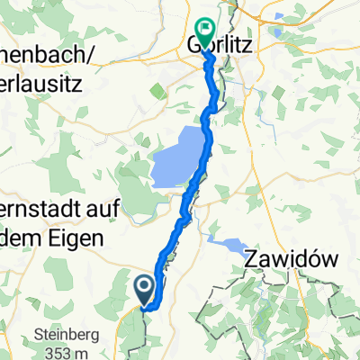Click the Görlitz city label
pyautogui.click(x=219, y=42)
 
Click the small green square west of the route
pyautogui.click(x=158, y=89)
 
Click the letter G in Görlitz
pyautogui.click(x=193, y=42)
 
